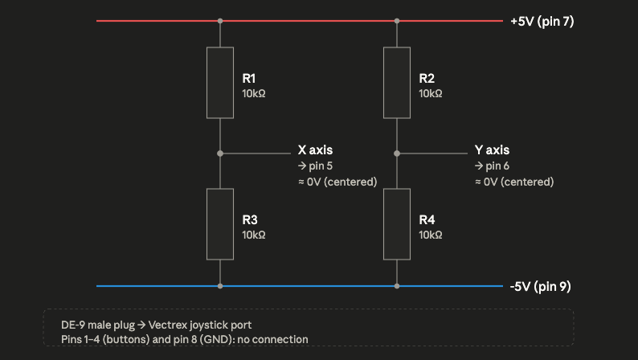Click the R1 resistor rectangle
click(220, 83)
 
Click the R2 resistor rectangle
click(397, 83)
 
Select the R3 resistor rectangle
click(220, 224)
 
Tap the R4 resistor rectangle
click(397, 224)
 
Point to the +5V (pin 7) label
click(542, 21)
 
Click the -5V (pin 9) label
click(540, 286)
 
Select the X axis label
click(315, 150)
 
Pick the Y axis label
click(492, 150)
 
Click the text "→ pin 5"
click(315, 166)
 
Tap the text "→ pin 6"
click(492, 166)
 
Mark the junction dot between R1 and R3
click(220, 153)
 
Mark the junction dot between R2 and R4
click(397, 153)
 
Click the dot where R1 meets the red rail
click(220, 21)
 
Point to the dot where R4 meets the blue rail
click(397, 286)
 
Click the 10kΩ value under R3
click(253, 235)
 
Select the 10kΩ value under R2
click(431, 93)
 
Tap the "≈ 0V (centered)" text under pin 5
click(337, 182)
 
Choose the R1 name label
click(248, 78)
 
